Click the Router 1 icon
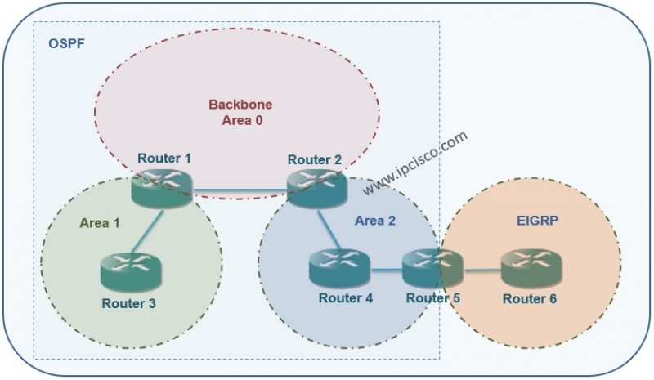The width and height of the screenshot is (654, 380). click(162, 187)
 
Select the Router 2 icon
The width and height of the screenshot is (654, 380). click(316, 187)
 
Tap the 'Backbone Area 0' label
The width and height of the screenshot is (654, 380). click(240, 113)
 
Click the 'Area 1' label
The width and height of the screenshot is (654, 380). click(99, 222)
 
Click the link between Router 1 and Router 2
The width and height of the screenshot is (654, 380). click(240, 194)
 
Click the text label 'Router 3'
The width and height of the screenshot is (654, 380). click(128, 303)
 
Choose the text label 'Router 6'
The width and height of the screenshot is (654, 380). click(530, 299)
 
